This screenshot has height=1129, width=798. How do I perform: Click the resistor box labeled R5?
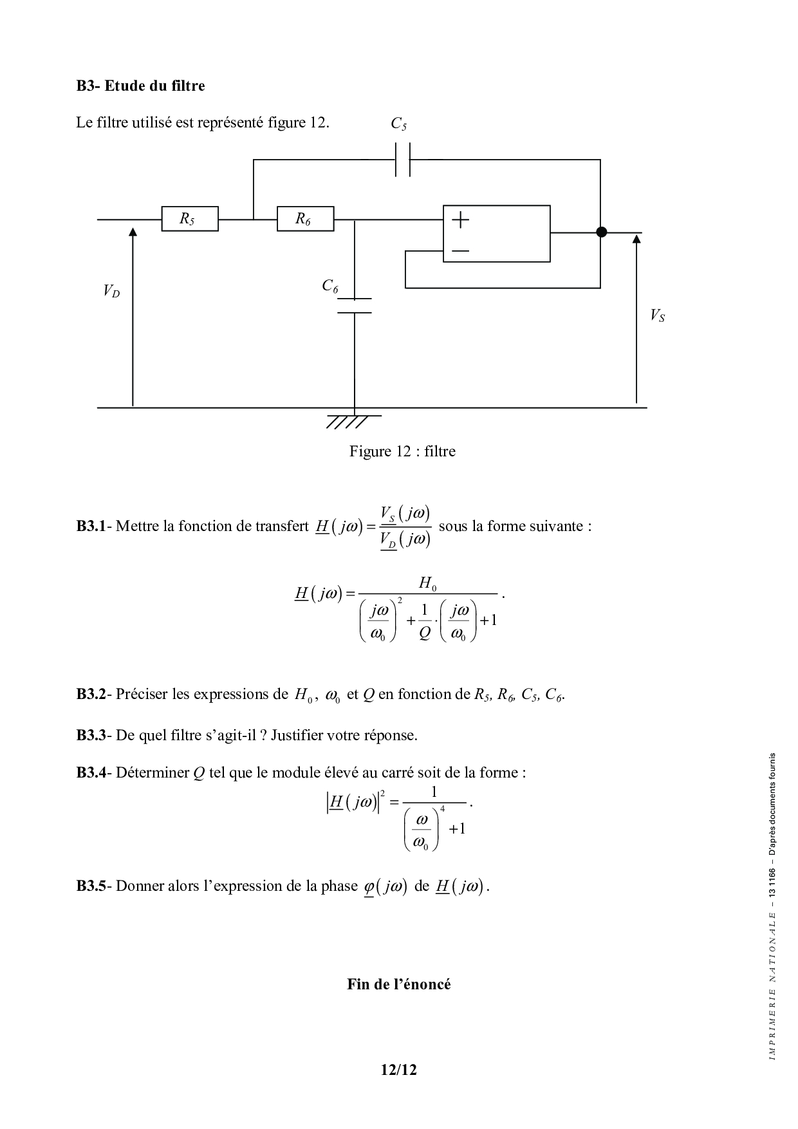click(189, 219)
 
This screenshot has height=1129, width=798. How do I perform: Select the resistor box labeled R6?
click(305, 219)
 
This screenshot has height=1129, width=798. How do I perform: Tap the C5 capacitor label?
click(399, 124)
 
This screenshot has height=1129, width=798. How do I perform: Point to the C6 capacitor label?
click(330, 286)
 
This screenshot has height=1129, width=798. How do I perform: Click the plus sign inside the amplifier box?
click(460, 220)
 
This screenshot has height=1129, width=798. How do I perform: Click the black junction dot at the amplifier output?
click(601, 232)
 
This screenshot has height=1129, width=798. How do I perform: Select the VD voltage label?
click(111, 292)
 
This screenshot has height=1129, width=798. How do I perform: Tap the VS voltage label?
click(657, 315)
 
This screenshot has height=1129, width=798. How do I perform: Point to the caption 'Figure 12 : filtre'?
click(402, 451)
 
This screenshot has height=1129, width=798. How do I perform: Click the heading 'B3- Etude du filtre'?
click(140, 86)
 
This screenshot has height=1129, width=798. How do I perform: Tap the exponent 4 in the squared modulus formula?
click(442, 808)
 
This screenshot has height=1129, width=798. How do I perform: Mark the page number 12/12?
click(398, 1070)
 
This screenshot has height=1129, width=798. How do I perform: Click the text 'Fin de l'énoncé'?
click(398, 984)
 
